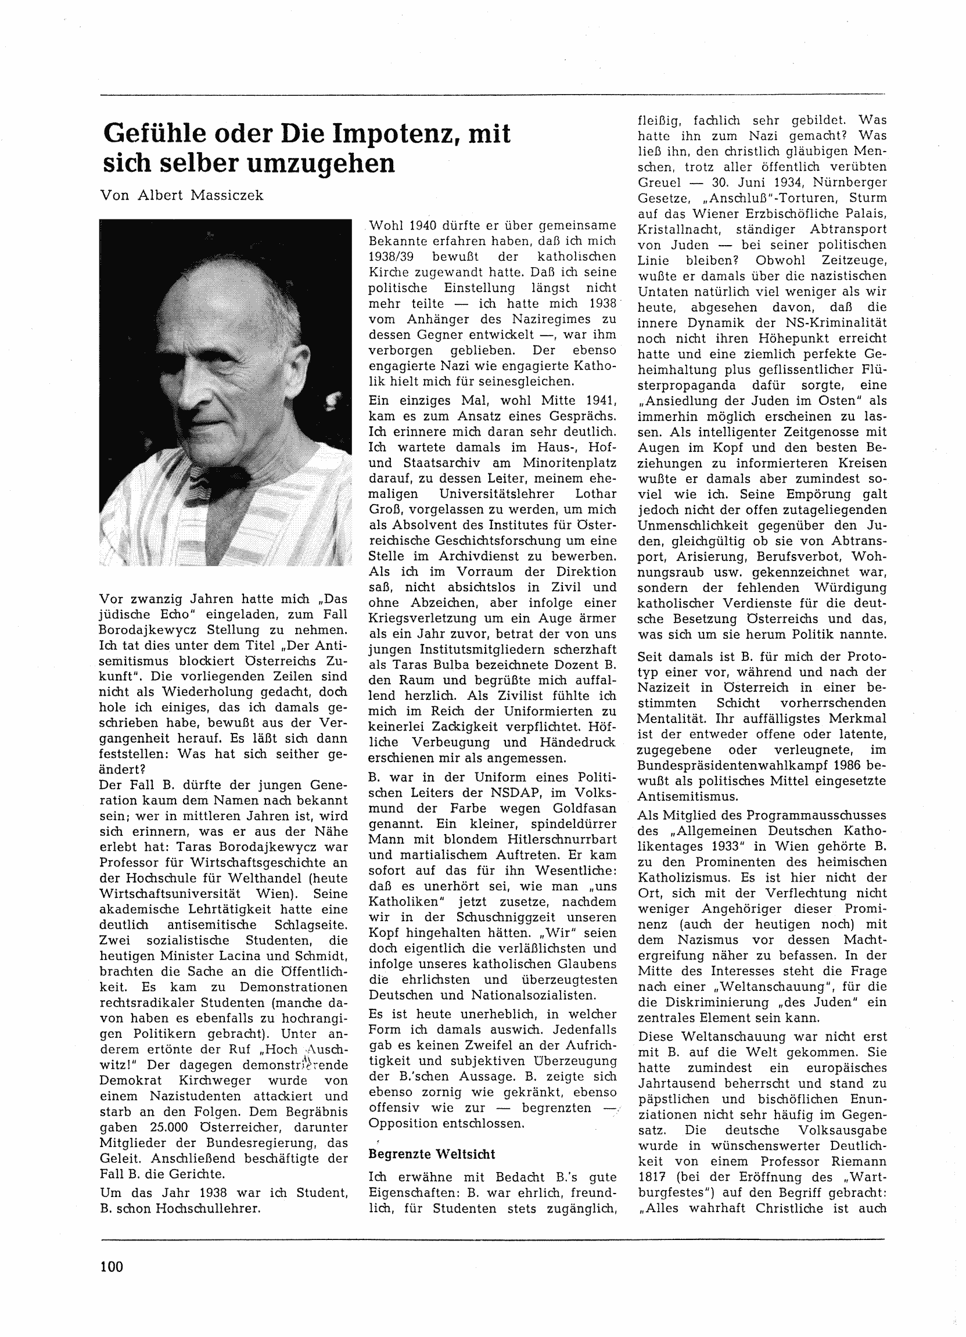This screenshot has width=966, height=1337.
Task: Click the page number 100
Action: click(112, 1267)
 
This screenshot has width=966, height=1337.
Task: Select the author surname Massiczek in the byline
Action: click(226, 195)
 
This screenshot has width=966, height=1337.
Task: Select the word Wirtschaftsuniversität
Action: click(172, 893)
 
